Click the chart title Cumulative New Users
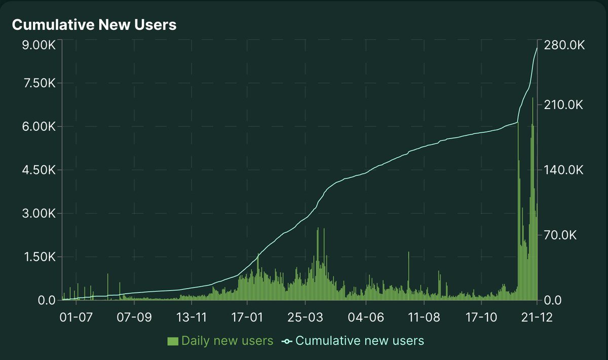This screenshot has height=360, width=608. [x=94, y=25]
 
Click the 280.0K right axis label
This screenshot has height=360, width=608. [x=564, y=45]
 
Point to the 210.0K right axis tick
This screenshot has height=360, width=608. [x=564, y=105]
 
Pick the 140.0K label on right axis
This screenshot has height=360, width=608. [x=564, y=170]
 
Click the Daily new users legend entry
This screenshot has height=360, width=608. [x=227, y=341]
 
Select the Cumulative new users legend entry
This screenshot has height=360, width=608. [x=359, y=341]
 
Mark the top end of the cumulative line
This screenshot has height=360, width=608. [x=537, y=48]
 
